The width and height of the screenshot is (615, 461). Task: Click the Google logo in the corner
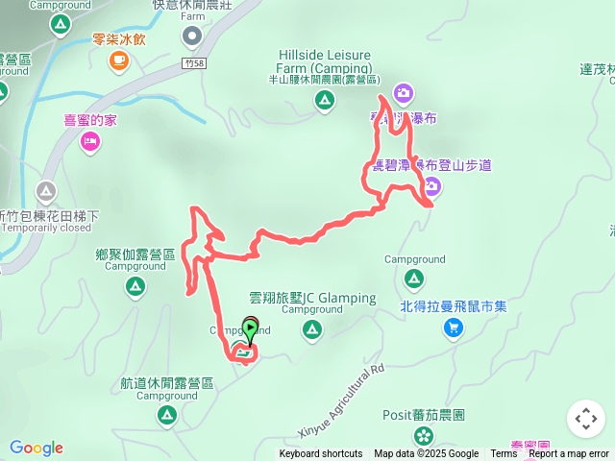[37, 448]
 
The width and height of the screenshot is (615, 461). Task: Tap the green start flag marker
[250, 329]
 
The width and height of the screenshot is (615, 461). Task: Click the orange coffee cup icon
[118, 61]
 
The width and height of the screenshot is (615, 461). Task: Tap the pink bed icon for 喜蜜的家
[89, 142]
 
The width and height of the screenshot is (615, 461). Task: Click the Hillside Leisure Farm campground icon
[325, 99]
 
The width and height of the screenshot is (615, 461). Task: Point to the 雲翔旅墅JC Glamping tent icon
[312, 331]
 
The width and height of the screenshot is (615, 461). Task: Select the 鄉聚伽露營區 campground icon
[135, 285]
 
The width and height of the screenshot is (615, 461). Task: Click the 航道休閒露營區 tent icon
[166, 415]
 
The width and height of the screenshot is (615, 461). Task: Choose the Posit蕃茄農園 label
[424, 415]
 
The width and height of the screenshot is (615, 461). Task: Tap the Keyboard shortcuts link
[321, 454]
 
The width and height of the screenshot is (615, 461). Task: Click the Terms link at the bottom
[504, 454]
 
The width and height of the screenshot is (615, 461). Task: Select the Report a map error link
[569, 454]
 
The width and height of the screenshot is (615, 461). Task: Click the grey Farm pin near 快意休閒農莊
[192, 36]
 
